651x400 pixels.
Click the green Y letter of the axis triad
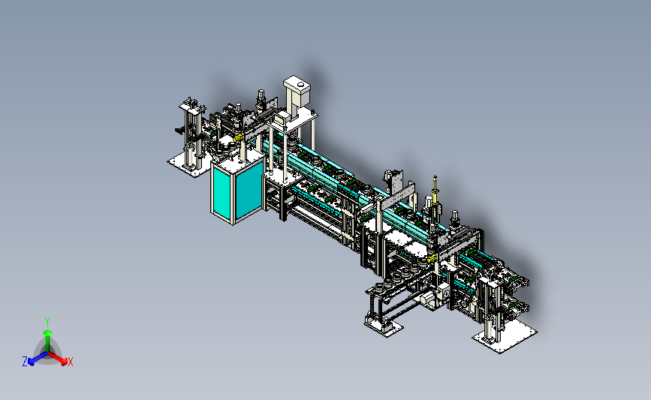[47, 322]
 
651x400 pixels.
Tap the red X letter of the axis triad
[70, 362]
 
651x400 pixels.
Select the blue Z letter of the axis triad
[25, 362]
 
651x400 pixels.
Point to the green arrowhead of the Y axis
[47, 332]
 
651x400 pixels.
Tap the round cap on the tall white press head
[301, 86]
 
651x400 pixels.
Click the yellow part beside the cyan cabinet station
[238, 137]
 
